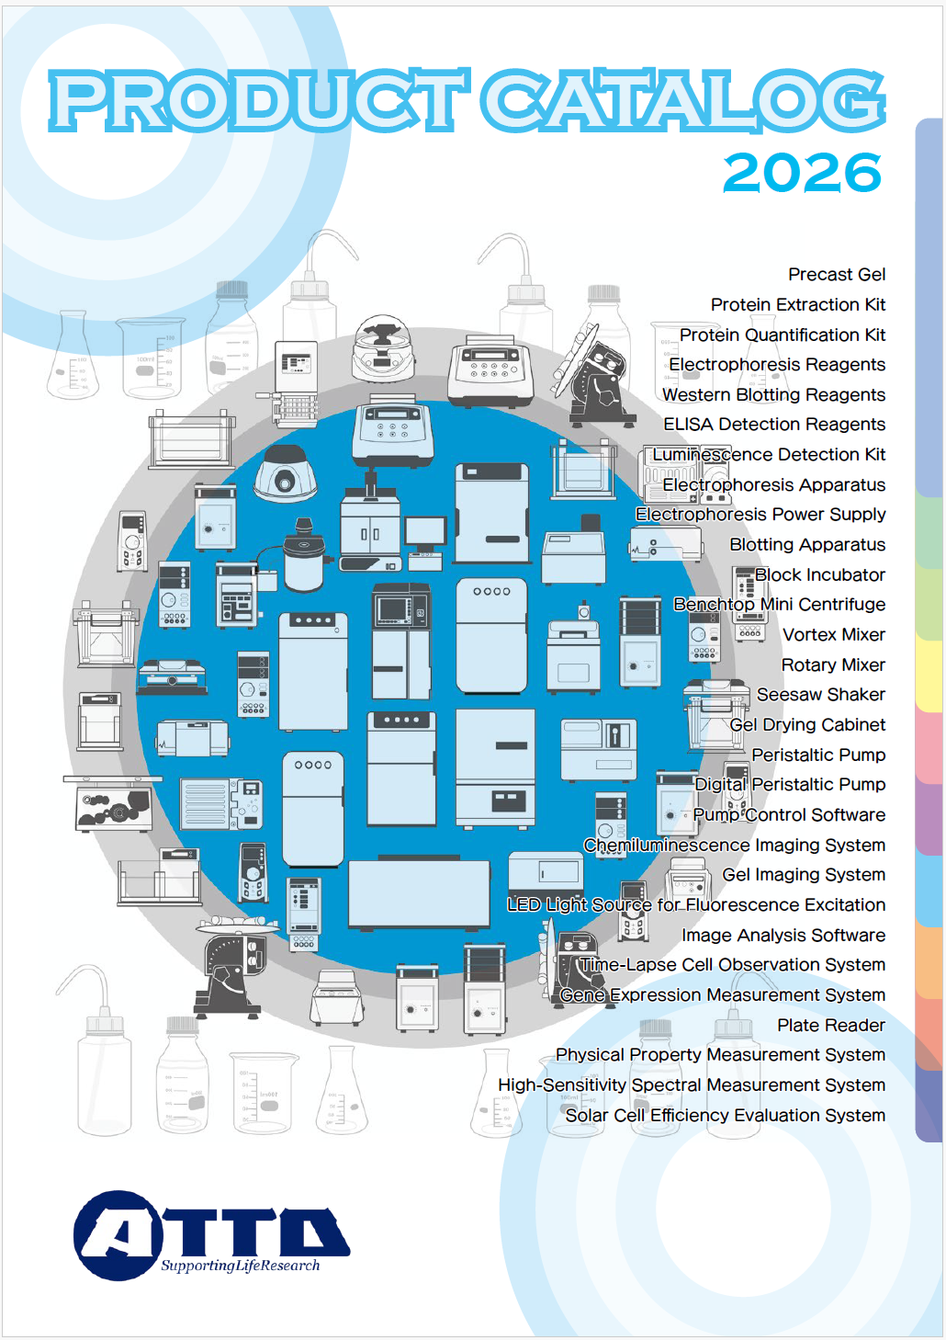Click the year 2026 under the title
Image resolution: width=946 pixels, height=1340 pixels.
pos(803,172)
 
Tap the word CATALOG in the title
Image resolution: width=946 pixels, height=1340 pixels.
pos(683,100)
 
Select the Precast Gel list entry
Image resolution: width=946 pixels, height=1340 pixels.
pos(836,275)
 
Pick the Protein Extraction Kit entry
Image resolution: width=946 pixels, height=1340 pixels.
pos(798,304)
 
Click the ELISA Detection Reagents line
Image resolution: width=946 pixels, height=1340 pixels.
pos(773,424)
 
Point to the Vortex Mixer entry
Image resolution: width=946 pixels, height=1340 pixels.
pos(834,634)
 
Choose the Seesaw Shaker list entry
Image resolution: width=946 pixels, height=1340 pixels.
pos(820,694)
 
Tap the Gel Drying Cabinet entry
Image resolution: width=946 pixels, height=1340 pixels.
pos(807,724)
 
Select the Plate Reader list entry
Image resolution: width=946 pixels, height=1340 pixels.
pos(830,1025)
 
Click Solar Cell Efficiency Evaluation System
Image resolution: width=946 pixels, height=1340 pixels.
pos(725,1115)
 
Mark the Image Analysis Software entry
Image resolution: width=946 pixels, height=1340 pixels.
pos(783,935)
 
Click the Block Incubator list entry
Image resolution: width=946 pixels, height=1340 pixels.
pos(819,574)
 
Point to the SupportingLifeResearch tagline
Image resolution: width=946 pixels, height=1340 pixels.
pos(241,1266)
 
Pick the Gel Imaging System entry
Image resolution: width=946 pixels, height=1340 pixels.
pos(803,875)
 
